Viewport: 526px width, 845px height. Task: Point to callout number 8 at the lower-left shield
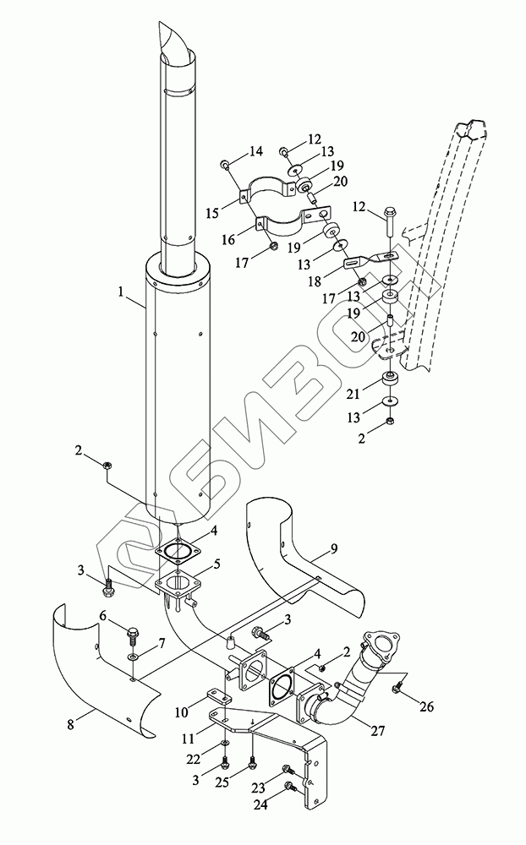click(72, 722)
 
